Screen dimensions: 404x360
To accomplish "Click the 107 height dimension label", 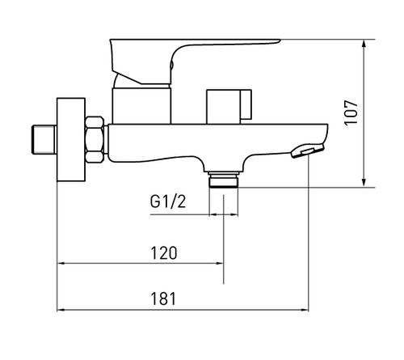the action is click(x=351, y=112).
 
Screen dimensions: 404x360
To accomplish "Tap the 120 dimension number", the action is click(x=164, y=253).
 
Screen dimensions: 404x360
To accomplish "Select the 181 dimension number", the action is click(x=163, y=299).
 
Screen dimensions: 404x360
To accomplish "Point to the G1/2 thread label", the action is click(x=168, y=201).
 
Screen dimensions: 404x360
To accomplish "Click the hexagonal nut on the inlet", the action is click(x=95, y=139).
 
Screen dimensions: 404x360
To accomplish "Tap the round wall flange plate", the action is click(x=71, y=139).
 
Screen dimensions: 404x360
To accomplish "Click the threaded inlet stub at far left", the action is click(x=44, y=139).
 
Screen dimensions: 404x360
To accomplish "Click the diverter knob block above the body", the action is click(x=229, y=107).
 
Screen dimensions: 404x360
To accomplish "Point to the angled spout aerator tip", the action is click(x=307, y=150).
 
